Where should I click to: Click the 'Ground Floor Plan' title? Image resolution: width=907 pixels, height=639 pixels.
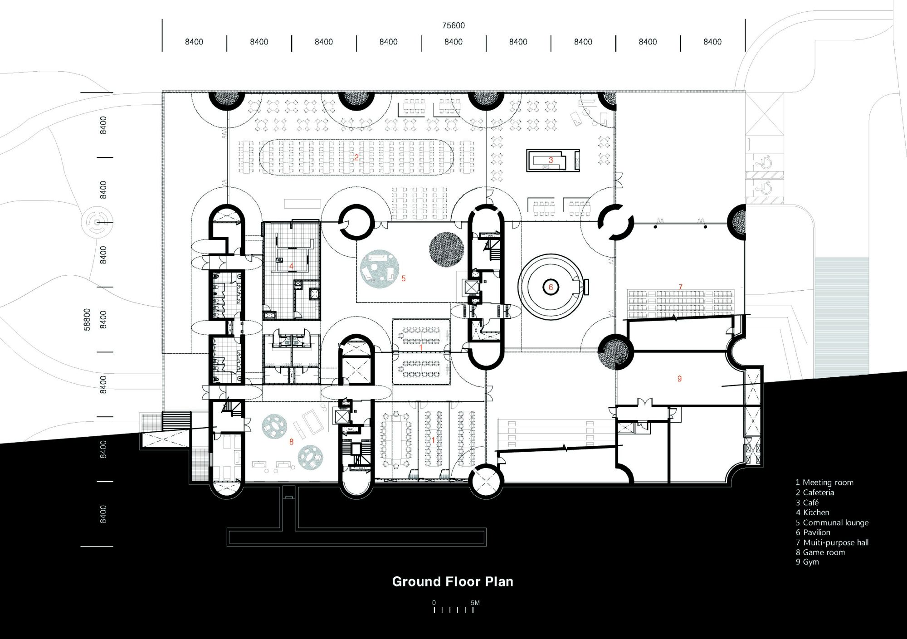tap(453, 582)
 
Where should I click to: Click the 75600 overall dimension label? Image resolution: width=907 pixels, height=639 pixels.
tap(453, 25)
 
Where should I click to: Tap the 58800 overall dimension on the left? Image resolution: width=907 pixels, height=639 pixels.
tap(87, 319)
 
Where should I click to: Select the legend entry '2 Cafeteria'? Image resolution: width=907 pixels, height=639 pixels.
tap(815, 493)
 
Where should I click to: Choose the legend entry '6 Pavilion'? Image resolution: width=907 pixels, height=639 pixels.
tap(813, 532)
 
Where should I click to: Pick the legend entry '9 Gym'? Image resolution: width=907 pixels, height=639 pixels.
tap(807, 562)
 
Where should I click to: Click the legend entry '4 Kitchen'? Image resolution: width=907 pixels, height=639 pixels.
tap(813, 512)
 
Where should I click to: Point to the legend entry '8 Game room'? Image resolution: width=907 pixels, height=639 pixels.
tap(820, 552)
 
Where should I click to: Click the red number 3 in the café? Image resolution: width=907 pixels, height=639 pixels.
tap(551, 160)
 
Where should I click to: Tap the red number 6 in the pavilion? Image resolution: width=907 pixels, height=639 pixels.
tap(551, 287)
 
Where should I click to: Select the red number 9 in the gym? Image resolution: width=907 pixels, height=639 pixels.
tap(679, 379)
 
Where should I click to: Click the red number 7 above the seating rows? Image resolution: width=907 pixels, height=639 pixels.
tap(680, 287)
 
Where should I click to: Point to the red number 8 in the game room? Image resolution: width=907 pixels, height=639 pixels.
tap(291, 442)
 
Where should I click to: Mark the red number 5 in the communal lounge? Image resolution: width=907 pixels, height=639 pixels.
tap(403, 278)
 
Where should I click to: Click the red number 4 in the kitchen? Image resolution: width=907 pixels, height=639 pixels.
tap(291, 266)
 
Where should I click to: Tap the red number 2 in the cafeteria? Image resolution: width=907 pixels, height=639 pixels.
tap(356, 157)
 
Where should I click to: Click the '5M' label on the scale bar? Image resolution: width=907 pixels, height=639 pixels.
tap(475, 603)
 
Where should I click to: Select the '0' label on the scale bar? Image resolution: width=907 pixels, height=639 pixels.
tap(434, 603)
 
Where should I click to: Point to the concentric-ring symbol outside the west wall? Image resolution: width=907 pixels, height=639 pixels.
tap(97, 222)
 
